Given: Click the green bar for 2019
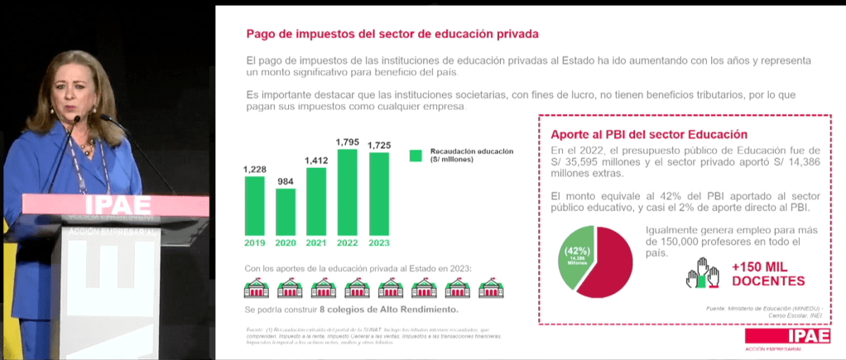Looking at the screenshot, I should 254,206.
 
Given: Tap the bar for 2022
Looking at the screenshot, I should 347,192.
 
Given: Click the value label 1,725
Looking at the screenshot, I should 379,146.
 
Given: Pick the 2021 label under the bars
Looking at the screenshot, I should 316,242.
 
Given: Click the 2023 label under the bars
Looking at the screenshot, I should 379,242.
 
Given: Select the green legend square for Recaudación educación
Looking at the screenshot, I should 416,155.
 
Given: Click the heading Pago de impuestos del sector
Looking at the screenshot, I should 392,35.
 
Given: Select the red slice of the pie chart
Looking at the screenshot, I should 608,258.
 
